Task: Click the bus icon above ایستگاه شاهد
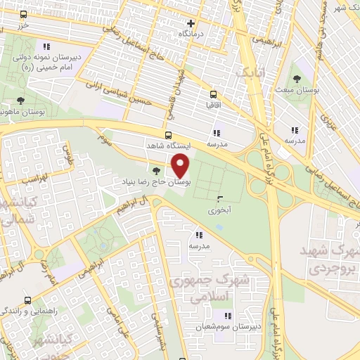168,134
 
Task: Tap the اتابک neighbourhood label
250,73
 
